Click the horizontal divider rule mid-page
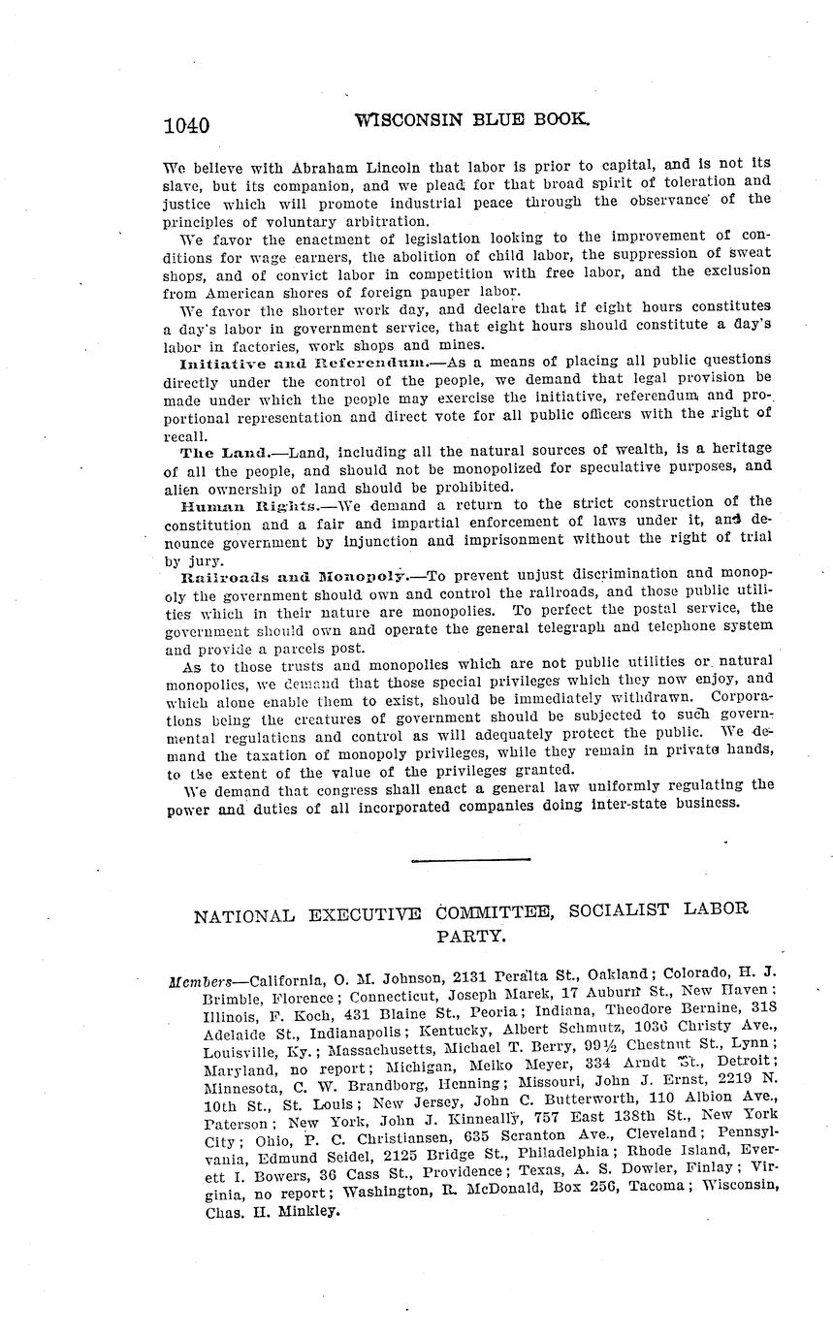pos(470,859)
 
